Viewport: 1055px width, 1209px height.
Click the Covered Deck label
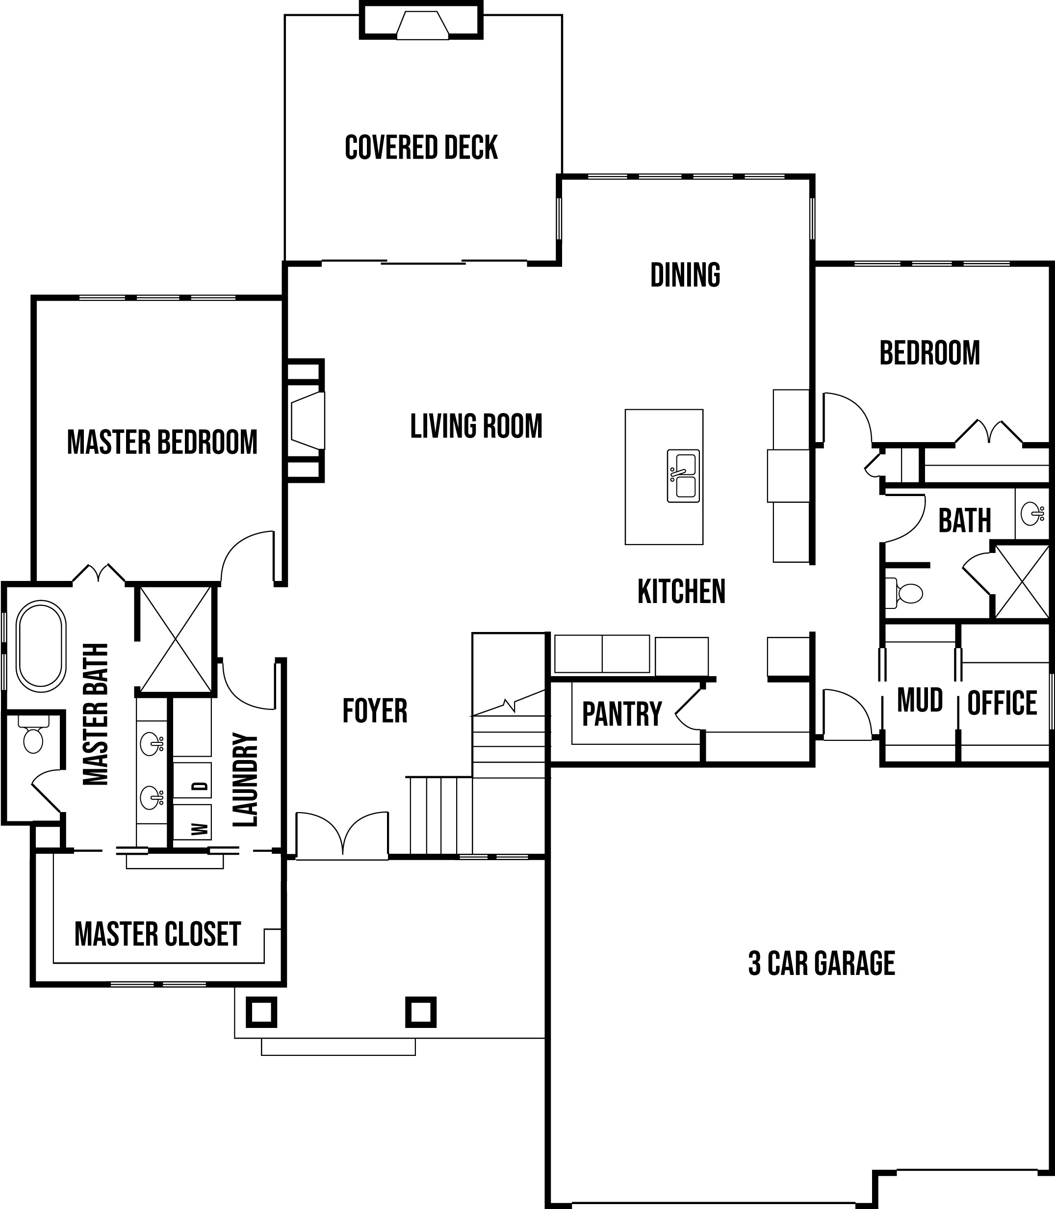421,147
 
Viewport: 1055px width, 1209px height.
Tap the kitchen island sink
683,476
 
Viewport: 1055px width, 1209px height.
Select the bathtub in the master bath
41,646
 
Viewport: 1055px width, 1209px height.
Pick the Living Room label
476,426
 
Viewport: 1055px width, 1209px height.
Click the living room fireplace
305,421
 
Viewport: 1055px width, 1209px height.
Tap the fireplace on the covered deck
421,20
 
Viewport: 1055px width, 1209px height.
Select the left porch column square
261,1012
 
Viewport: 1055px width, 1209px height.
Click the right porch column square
421,1012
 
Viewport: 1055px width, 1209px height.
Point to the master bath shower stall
176,638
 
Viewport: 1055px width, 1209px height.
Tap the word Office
1002,703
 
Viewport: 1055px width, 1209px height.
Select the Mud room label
920,700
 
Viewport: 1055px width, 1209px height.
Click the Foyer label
375,711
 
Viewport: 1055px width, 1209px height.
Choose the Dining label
685,275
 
